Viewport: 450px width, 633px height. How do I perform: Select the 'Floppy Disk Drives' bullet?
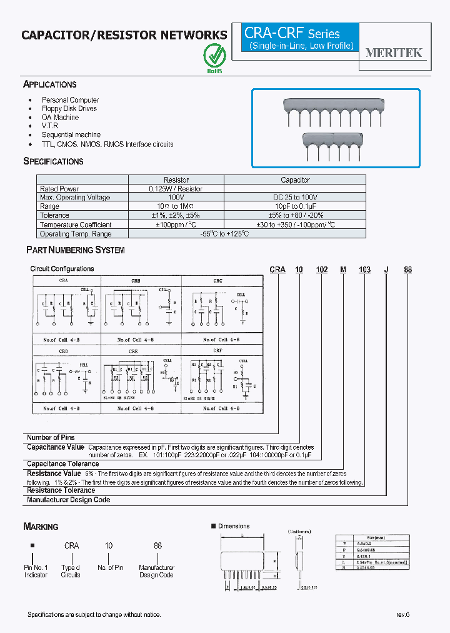69,109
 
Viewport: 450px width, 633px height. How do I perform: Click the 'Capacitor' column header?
295,180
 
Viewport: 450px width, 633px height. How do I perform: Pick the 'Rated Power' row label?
59,189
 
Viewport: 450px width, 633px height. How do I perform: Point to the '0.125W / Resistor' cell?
176,189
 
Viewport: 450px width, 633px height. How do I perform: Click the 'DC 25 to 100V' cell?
295,198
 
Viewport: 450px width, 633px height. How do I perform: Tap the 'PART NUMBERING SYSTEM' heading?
75,250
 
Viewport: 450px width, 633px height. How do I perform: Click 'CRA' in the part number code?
277,270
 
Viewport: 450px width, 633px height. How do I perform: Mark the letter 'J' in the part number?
386,270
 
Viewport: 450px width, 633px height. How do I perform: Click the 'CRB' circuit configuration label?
136,281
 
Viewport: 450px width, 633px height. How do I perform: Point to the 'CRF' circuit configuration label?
217,352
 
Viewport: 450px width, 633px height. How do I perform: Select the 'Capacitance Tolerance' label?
62,464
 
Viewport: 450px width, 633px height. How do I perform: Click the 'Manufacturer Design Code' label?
68,500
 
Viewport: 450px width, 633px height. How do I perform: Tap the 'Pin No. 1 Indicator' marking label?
36,571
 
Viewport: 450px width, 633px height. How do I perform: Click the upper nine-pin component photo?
335,112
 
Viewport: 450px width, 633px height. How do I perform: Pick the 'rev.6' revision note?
402,615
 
